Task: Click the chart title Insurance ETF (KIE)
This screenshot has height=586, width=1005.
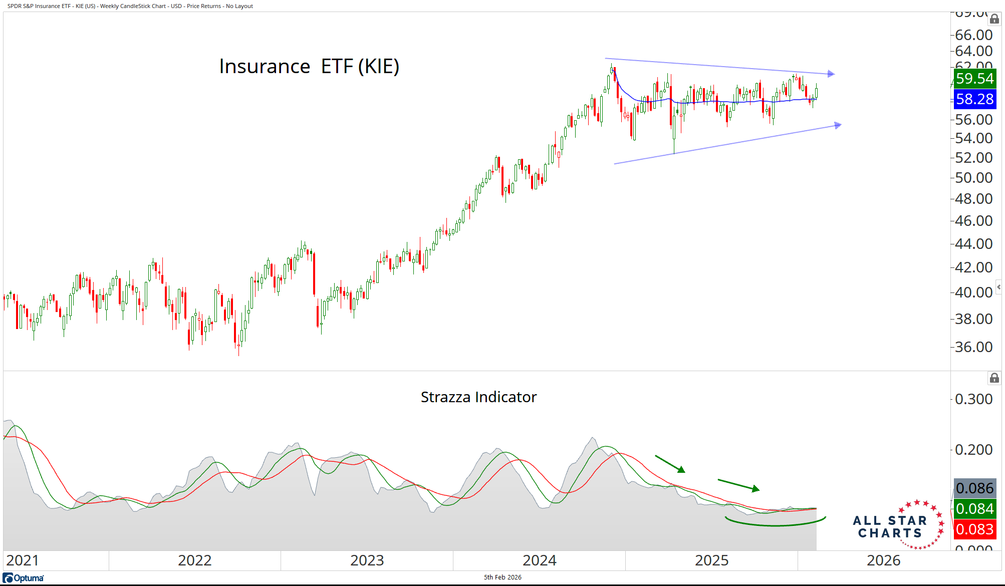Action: [x=309, y=66]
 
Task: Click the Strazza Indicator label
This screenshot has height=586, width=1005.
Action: [x=478, y=397]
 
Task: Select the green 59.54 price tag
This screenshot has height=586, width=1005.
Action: [x=974, y=79]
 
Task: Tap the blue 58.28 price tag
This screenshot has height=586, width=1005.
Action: [x=974, y=99]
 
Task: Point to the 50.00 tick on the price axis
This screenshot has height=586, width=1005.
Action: [x=973, y=178]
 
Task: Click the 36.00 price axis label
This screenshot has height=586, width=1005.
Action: [x=973, y=347]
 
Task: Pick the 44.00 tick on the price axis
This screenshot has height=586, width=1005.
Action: [x=973, y=244]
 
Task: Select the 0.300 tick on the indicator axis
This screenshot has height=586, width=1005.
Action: [x=973, y=399]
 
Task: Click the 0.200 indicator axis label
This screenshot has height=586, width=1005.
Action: [x=973, y=450]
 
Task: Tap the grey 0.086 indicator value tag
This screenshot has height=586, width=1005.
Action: [x=974, y=488]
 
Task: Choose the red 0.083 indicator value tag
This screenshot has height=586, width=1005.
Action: [x=974, y=529]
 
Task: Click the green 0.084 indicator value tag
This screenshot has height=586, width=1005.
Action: [x=974, y=509]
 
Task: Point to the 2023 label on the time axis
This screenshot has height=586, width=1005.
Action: [x=367, y=560]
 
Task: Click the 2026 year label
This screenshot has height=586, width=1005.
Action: [x=883, y=560]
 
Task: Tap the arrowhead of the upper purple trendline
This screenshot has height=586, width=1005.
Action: [x=831, y=74]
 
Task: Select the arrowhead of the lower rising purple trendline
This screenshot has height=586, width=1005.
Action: [x=838, y=125]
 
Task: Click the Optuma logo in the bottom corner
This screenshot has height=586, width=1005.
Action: [x=24, y=578]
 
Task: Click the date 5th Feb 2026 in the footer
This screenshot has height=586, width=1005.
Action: [x=502, y=577]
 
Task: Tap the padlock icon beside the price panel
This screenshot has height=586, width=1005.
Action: [x=994, y=19]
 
